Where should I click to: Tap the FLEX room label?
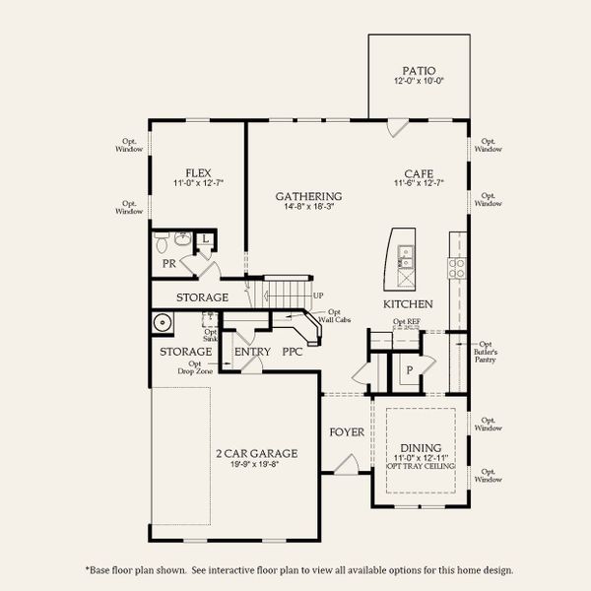tap(200, 172)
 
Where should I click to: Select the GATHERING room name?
tap(308, 196)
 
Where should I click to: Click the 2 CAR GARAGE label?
tap(256, 454)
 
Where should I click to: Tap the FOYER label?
tap(347, 432)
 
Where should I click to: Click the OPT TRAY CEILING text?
tap(420, 466)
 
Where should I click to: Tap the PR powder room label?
tap(168, 264)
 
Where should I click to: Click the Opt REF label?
tap(405, 322)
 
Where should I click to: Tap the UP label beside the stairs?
tap(317, 295)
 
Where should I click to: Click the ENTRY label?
tap(252, 351)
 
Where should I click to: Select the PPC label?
tap(293, 351)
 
